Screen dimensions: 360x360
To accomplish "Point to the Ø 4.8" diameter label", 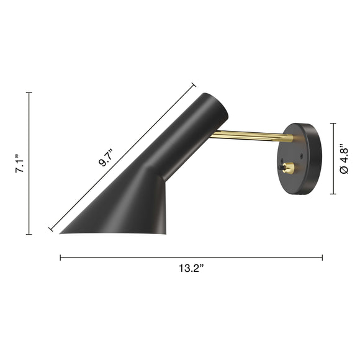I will coord(345,160).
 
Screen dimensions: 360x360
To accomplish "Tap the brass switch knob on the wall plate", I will coord(289,168).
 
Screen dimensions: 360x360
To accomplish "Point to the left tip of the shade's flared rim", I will coord(61,233).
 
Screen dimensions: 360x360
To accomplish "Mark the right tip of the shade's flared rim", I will coord(166,234).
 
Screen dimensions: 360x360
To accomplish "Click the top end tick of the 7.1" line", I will coord(29,92).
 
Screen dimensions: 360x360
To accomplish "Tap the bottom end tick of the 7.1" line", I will coord(29,234).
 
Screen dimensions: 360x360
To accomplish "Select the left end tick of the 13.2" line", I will coord(60,257).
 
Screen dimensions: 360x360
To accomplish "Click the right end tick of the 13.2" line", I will coord(322,257).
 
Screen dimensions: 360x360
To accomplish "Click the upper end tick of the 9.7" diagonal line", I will coord(193,84).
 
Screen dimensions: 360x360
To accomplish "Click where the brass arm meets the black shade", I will coord(211,135).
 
